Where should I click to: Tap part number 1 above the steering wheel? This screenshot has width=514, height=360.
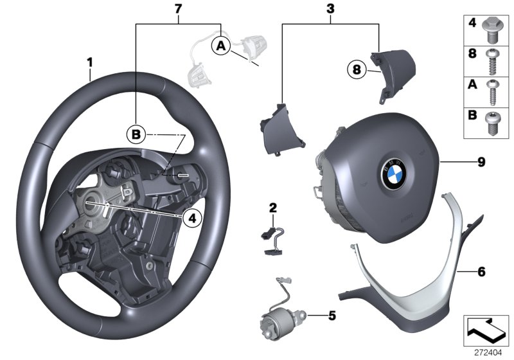pyautogui.click(x=91, y=62)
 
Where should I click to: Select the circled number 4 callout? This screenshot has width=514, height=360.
pyautogui.click(x=191, y=219)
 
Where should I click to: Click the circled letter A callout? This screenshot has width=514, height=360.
pyautogui.click(x=220, y=46)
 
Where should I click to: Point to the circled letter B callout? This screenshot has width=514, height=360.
pyautogui.click(x=136, y=134)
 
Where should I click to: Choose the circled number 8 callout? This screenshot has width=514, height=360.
pyautogui.click(x=356, y=68)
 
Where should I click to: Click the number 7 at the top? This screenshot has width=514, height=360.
pyautogui.click(x=179, y=8)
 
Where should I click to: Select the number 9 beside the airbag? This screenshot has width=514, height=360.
pyautogui.click(x=481, y=162)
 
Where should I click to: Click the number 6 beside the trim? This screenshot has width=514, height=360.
pyautogui.click(x=481, y=271)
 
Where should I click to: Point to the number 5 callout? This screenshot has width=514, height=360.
pyautogui.click(x=332, y=316)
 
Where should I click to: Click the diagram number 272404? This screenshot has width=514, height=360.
pyautogui.click(x=487, y=352)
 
